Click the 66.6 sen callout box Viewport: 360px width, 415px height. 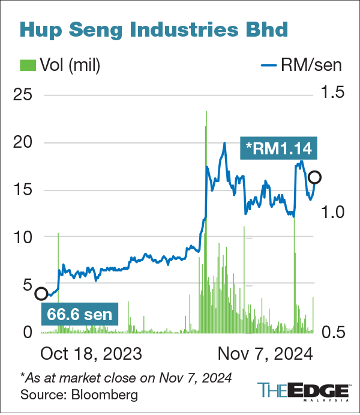[x=80, y=314]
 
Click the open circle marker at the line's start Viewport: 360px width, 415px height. [x=41, y=294]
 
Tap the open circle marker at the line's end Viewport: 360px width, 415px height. [x=314, y=177]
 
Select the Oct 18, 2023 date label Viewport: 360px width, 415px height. [x=91, y=353]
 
